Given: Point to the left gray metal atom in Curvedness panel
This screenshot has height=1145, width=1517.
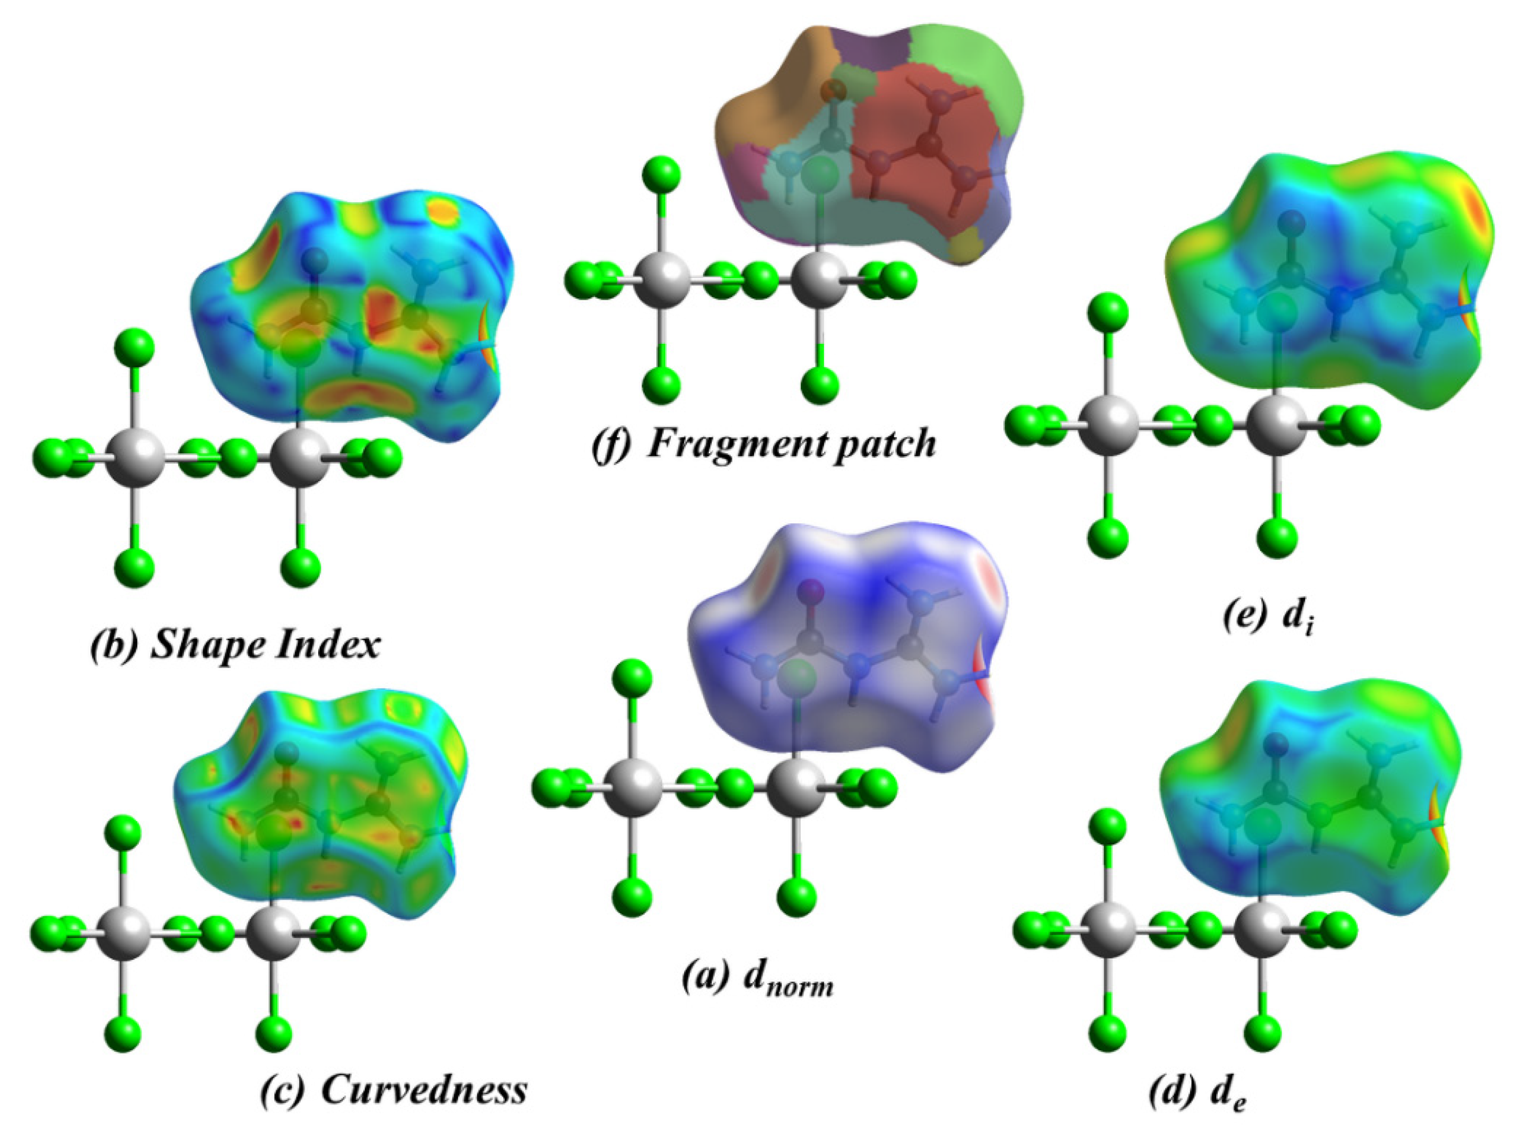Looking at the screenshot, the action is pyautogui.click(x=124, y=934).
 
